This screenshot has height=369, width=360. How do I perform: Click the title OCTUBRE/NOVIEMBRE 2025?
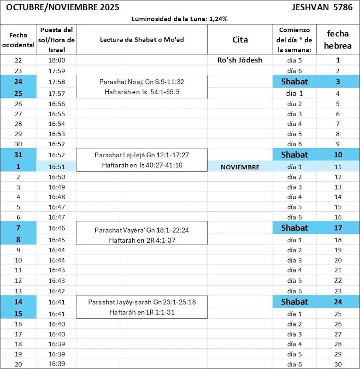62,7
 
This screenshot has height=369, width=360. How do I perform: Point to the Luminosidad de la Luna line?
180,19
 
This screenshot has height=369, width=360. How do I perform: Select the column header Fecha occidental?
18,40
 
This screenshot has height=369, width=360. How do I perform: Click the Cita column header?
240,40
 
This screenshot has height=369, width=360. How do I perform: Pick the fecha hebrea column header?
337,40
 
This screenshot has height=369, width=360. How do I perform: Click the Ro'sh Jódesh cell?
240,60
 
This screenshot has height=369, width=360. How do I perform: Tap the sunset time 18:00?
57,60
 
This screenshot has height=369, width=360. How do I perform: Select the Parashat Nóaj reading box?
142,87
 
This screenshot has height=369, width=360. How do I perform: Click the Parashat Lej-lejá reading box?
142,160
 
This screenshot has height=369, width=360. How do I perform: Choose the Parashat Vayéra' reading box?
142,235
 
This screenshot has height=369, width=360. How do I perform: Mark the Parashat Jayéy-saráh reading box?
142,307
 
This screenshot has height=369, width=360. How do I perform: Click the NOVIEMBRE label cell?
240,167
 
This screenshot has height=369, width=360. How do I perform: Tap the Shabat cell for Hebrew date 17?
295,228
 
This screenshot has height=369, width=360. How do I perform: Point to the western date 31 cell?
18,155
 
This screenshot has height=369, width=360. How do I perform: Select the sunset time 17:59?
57,71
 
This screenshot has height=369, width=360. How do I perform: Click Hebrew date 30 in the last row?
337,364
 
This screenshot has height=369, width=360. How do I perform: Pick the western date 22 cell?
18,60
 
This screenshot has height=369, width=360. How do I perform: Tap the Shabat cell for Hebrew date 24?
295,302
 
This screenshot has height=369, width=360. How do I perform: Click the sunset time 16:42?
57,291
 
